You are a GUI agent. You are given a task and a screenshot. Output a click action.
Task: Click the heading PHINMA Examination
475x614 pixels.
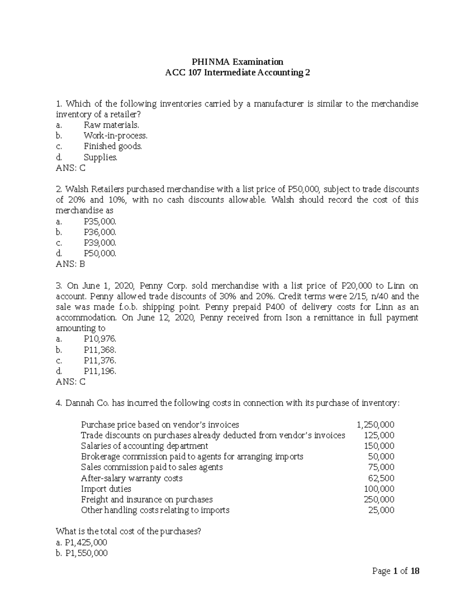pos(237,62)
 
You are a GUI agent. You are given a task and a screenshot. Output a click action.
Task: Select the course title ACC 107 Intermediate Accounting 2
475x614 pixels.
pos(237,73)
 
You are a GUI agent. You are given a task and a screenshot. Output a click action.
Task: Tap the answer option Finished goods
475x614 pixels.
pos(112,146)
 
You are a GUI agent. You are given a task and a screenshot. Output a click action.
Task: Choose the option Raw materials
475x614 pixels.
pos(111,125)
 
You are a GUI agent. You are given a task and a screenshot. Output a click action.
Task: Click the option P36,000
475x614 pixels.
pos(100,232)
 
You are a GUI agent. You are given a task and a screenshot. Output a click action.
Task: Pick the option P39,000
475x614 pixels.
pos(100,243)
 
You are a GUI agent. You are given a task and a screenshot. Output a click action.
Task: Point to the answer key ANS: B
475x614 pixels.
pos(70,264)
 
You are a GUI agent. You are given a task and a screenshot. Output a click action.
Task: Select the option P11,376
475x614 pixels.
pos(100,361)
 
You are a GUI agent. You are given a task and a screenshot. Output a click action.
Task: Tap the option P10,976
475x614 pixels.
pos(100,339)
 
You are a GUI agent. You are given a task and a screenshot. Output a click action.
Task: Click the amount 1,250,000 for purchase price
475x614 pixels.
pos(375,425)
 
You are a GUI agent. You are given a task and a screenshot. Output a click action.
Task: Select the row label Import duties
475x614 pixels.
pos(106,489)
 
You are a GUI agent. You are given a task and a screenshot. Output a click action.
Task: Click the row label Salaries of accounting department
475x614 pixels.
pos(144,446)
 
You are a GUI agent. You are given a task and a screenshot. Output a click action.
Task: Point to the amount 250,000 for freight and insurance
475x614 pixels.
pos(379,500)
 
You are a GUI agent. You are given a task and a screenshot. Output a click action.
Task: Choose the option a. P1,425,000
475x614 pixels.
pos(82,542)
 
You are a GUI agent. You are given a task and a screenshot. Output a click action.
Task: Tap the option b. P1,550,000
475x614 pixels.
pos(82,553)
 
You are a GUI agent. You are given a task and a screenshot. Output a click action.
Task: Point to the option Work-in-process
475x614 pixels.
pos(115,136)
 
